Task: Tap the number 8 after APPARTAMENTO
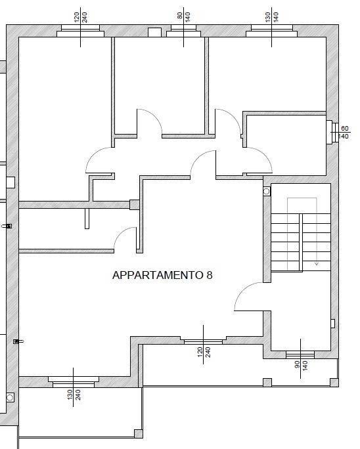click(210, 276)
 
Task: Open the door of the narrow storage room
click(125, 239)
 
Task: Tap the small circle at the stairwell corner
click(267, 192)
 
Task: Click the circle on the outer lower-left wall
click(10, 397)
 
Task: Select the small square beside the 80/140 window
click(155, 32)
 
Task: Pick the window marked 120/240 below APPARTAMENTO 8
click(203, 341)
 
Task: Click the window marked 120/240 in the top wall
click(80, 32)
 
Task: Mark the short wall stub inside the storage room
click(87, 218)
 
